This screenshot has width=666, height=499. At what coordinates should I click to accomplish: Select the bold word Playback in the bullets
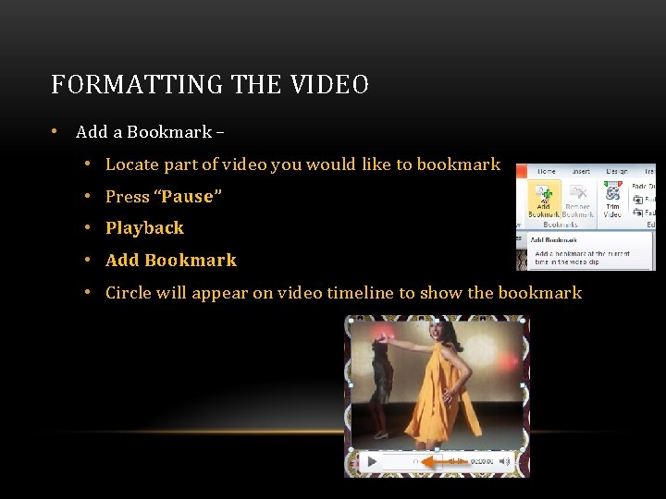tap(144, 228)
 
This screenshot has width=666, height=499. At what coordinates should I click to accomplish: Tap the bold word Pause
tap(188, 197)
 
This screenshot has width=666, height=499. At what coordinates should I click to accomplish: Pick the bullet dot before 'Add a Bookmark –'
tap(56, 131)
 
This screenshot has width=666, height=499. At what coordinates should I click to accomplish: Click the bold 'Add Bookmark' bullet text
tap(171, 261)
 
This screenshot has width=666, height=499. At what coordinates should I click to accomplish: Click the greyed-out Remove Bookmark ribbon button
tap(578, 201)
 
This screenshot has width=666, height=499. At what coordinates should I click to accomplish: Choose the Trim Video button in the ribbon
tap(612, 201)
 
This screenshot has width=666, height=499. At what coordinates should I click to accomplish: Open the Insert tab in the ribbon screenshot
tap(580, 171)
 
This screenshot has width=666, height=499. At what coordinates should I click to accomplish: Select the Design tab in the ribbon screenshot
tap(616, 171)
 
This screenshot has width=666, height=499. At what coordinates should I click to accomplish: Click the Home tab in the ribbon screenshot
tap(547, 171)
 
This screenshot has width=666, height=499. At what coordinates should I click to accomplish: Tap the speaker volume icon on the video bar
tap(504, 460)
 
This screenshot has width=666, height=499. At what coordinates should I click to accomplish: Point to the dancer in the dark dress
tap(378, 379)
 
